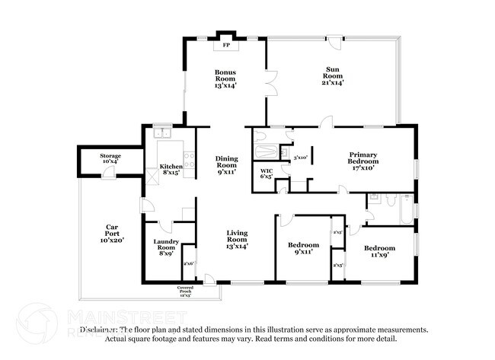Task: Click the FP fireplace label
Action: point(225,46)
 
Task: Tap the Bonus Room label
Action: point(225,79)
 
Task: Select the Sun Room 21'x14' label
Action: point(333,79)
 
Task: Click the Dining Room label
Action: point(227,165)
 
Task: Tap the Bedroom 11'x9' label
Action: point(378,251)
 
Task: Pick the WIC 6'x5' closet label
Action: point(267,174)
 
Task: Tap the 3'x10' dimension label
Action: point(300,158)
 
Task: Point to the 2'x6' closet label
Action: point(189,263)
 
